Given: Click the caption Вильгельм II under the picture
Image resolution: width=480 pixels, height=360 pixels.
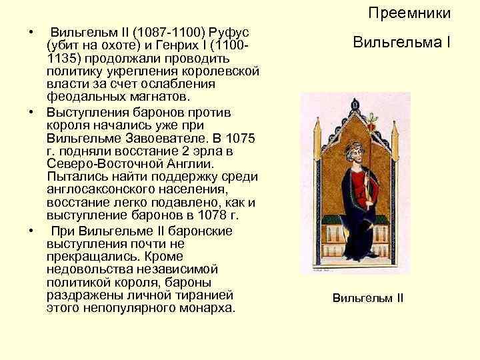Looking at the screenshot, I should [368, 298].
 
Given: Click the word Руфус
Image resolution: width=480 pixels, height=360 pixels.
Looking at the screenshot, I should [229, 32].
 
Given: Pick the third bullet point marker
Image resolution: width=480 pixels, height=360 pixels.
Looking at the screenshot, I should [31, 231].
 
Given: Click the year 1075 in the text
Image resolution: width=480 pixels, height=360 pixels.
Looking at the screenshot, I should [240, 138].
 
